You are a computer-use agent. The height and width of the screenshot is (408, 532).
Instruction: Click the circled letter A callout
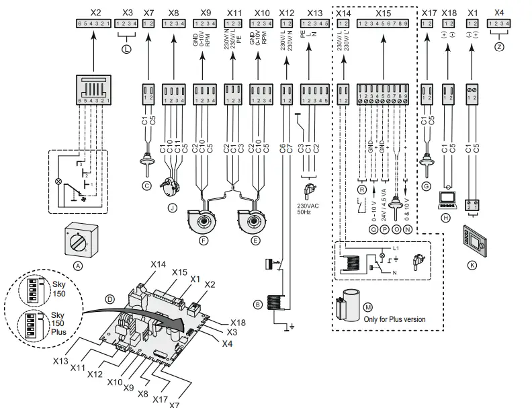pos(79,266)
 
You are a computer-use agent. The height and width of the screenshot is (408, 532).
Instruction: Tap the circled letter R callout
pos(361,190)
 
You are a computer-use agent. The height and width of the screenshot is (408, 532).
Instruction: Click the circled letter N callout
pos(407,229)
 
